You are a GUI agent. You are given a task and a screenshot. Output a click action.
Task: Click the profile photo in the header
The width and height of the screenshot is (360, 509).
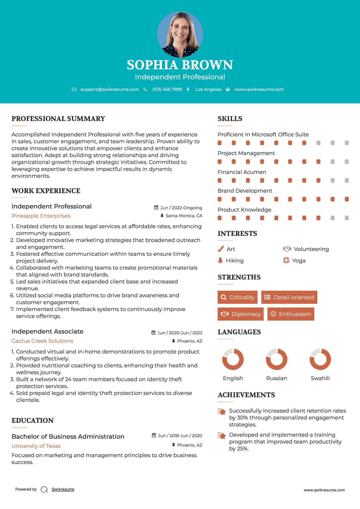coord(180,34)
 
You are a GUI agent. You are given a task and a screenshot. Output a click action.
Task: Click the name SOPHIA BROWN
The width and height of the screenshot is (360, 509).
coord(180,65)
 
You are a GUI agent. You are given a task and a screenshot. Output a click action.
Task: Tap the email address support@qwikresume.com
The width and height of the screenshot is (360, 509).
coord(110,90)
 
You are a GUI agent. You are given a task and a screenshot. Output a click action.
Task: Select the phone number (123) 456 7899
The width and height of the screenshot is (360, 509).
coord(167,90)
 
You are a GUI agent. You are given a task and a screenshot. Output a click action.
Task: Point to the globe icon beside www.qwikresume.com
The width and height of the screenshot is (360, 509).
coord(228,90)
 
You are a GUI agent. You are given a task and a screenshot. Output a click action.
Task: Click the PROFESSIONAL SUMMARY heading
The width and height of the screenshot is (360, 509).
coord(58,119)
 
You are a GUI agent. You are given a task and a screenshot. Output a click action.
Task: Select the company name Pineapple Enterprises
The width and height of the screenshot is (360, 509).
coord(41,216)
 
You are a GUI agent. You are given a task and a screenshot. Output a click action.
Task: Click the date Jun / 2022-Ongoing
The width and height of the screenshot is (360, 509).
coord(181,208)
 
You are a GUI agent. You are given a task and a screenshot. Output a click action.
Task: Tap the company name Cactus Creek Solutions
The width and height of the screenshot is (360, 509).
coord(42,341)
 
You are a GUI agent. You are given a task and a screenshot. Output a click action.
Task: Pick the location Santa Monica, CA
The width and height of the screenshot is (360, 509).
coord(184,216)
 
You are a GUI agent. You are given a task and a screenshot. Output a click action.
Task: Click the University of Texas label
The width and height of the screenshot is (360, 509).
coord(36,446)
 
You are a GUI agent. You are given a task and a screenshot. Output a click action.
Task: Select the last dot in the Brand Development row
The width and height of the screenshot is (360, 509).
coord(347,199)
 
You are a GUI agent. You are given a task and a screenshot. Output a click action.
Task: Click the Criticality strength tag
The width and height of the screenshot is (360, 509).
coord(237,297)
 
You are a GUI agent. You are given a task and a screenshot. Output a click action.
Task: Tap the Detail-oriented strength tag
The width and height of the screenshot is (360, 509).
coord(289,297)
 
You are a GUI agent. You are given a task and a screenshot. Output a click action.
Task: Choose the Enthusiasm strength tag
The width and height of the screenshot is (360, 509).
coord(291,314)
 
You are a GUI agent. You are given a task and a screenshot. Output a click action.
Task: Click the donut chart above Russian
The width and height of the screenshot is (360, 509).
coord(277,359)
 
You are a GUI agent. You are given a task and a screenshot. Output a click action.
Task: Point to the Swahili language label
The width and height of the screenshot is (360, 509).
coord(320,378)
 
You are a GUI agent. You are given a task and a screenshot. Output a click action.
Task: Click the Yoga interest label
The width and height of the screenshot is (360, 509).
coord(299,261)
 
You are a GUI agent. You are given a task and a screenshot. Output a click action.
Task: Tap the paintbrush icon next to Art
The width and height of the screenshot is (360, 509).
coord(221,249)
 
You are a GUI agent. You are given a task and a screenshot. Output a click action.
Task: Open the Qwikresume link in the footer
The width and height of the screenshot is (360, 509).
coord(63,489)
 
